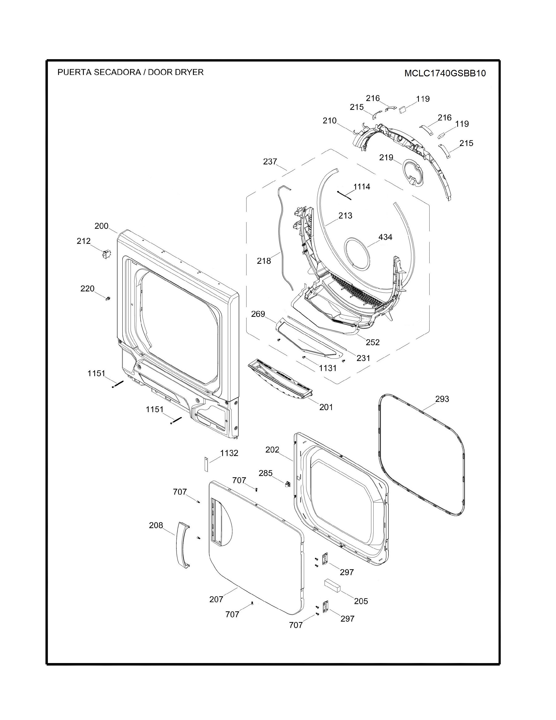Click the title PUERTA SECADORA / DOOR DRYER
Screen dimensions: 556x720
pos(130,72)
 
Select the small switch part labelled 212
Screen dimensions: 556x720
pos(106,254)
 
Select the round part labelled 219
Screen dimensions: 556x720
pos(414,171)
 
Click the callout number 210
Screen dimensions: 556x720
pos(329,121)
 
